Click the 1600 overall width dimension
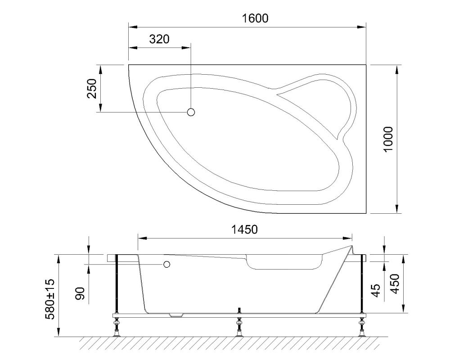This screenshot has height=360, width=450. point(255,18)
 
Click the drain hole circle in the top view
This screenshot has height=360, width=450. point(191,112)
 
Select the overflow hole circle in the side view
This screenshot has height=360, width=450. point(167,265)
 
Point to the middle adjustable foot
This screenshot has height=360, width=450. point(239,326)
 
